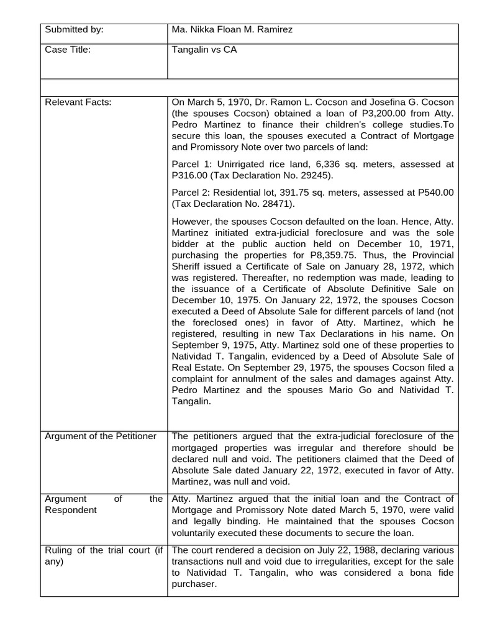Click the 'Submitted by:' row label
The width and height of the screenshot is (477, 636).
(x=75, y=29)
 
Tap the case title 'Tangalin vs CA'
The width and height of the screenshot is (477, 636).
(x=204, y=50)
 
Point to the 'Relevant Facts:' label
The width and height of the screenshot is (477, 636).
(x=78, y=102)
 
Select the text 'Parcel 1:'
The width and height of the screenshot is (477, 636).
(x=191, y=164)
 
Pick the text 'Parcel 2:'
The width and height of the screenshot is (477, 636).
(x=191, y=192)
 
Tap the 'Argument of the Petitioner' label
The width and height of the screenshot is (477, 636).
(x=100, y=436)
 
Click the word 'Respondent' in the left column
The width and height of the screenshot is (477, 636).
(x=71, y=510)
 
